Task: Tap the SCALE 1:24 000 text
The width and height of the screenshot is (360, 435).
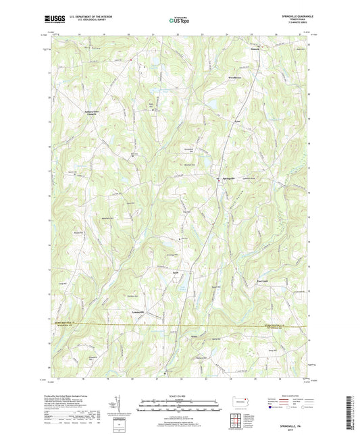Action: click(x=180, y=395)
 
